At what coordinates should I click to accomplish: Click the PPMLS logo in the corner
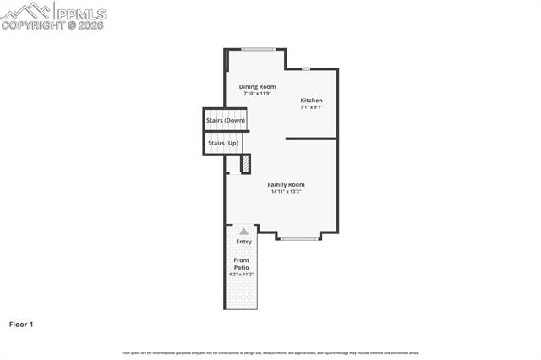pyautogui.click(x=53, y=15)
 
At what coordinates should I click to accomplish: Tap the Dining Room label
pyautogui.click(x=257, y=86)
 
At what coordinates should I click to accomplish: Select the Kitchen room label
pyautogui.click(x=311, y=101)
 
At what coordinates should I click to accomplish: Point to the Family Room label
pyautogui.click(x=286, y=184)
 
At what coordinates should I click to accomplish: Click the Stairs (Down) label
pyautogui.click(x=226, y=120)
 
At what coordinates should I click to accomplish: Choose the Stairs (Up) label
pyautogui.click(x=222, y=143)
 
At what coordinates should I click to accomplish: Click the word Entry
pyautogui.click(x=243, y=242)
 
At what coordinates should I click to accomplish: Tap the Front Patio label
pyautogui.click(x=242, y=264)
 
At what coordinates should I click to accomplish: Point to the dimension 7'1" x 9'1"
pyautogui.click(x=311, y=107)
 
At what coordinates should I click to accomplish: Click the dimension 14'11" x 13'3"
pyautogui.click(x=286, y=192)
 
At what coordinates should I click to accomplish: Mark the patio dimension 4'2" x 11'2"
pyautogui.click(x=242, y=275)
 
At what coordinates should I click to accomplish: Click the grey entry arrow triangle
pyautogui.click(x=243, y=231)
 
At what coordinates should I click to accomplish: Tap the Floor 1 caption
pyautogui.click(x=21, y=324)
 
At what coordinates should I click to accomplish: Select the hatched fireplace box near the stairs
pyautogui.click(x=245, y=164)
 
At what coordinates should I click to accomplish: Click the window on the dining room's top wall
pyautogui.click(x=257, y=49)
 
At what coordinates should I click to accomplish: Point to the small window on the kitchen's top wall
pyautogui.click(x=306, y=68)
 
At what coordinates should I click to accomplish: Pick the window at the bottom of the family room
pyautogui.click(x=299, y=239)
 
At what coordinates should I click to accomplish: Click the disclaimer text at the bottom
pyautogui.click(x=270, y=353)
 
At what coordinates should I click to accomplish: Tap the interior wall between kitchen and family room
pyautogui.click(x=311, y=139)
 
